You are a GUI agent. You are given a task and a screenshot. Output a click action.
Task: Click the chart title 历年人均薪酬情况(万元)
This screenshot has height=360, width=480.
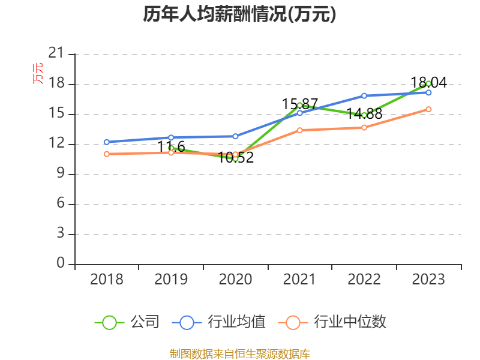[239, 14]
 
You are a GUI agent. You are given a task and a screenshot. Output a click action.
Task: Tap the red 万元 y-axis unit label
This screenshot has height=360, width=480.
[38, 73]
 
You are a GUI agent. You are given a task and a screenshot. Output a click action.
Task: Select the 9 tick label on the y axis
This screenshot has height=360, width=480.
[60, 174]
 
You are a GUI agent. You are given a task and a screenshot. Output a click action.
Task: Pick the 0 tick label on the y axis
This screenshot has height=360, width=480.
[60, 264]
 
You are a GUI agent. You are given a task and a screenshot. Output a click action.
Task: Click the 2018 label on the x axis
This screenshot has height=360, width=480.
[107, 280]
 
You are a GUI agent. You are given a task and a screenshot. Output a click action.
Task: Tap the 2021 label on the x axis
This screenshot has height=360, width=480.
[299, 280]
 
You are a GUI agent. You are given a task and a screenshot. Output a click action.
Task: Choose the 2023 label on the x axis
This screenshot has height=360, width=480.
[428, 280]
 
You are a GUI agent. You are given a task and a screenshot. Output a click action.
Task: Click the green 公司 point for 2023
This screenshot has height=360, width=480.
[428, 83]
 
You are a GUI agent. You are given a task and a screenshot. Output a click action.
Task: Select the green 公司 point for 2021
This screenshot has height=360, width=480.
[299, 105]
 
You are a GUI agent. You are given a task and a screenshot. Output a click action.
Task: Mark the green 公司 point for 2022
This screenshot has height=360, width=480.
[364, 115]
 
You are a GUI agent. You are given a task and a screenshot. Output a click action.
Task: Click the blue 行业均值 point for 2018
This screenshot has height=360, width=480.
[107, 142]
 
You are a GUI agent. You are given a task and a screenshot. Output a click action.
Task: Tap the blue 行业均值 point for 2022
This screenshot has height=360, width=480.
[364, 95]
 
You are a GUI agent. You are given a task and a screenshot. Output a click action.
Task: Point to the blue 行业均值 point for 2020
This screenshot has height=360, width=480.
[235, 136]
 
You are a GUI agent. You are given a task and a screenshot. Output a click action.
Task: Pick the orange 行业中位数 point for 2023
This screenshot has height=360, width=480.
[428, 109]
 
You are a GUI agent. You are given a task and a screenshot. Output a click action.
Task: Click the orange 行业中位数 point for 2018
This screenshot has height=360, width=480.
[107, 154]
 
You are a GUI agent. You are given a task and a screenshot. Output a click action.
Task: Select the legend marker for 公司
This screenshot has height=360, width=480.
[109, 322]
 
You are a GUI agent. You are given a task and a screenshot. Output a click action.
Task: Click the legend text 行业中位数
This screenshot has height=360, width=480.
[350, 322]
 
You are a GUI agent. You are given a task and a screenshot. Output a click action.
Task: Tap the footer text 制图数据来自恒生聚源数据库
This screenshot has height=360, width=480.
[239, 353]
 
